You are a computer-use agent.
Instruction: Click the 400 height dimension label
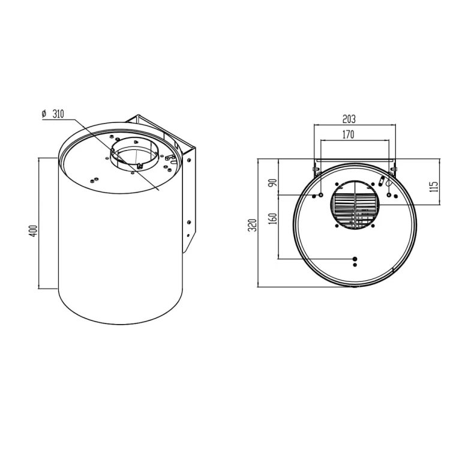point(34,231)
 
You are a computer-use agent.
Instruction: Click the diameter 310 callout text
point(53,114)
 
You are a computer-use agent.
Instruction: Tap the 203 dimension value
point(349,119)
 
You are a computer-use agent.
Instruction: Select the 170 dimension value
point(348,134)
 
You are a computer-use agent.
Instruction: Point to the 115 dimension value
point(434,187)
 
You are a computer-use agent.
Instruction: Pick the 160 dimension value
point(273,218)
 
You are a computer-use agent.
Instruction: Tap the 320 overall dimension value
point(252,225)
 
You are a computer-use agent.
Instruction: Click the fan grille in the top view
point(355,205)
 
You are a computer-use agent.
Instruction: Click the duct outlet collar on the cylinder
point(134,154)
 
